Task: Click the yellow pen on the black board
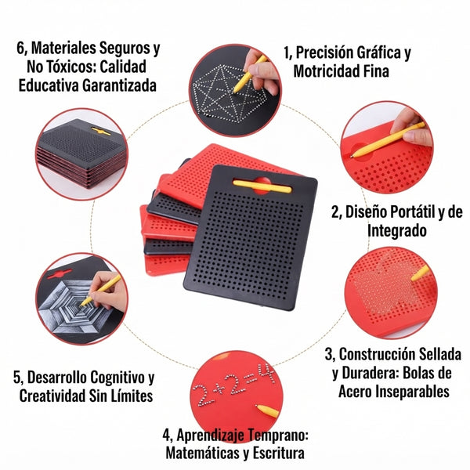coord(262,186)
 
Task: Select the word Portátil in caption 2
coord(390,212)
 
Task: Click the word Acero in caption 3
coord(355,392)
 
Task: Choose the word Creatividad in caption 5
coord(52,396)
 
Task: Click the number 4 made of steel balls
coord(266,374)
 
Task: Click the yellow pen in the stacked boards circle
coord(101,131)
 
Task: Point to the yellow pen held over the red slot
coord(388,139)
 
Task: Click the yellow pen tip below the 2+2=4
coord(267,411)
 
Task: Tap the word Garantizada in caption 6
coord(119,85)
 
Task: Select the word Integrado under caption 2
coord(397,231)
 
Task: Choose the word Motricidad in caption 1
coord(325,71)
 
